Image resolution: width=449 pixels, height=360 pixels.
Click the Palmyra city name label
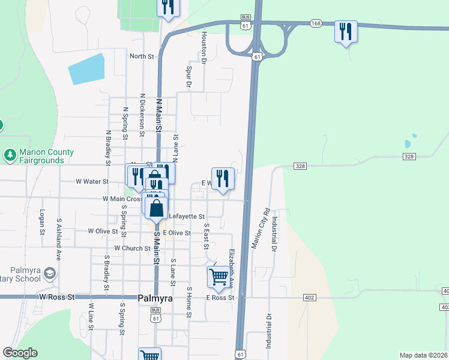(155, 298)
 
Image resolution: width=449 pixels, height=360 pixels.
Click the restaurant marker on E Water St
(223, 178)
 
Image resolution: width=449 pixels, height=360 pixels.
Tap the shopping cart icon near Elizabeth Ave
(218, 277)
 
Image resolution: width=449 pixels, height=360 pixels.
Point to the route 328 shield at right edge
(409, 156)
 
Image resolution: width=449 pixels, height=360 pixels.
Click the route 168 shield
(316, 23)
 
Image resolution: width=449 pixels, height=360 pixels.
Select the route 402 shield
(309, 298)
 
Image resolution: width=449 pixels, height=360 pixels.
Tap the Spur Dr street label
(188, 78)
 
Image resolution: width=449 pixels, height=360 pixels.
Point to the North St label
(142, 56)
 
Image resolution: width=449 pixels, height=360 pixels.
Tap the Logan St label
(43, 222)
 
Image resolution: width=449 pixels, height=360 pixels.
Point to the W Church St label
(132, 248)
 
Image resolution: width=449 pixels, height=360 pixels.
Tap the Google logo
(20, 353)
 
